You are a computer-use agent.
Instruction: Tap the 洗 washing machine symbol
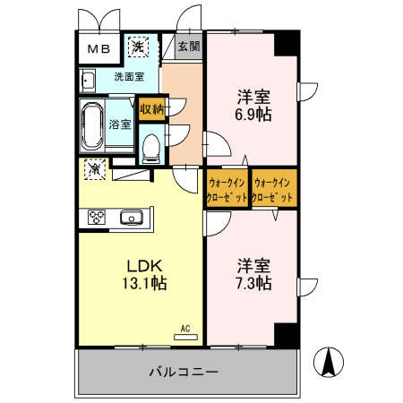tap(139, 47)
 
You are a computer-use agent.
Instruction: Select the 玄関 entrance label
tap(188, 47)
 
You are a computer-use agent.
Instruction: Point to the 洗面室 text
tap(130, 77)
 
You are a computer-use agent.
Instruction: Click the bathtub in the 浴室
tap(91, 127)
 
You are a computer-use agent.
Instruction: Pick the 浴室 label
tap(120, 124)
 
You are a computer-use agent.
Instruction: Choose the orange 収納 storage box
tap(152, 109)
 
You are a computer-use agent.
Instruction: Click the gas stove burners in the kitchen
tap(96, 217)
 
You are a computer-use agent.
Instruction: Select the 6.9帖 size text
tap(254, 114)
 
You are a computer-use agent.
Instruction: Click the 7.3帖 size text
tap(254, 284)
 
